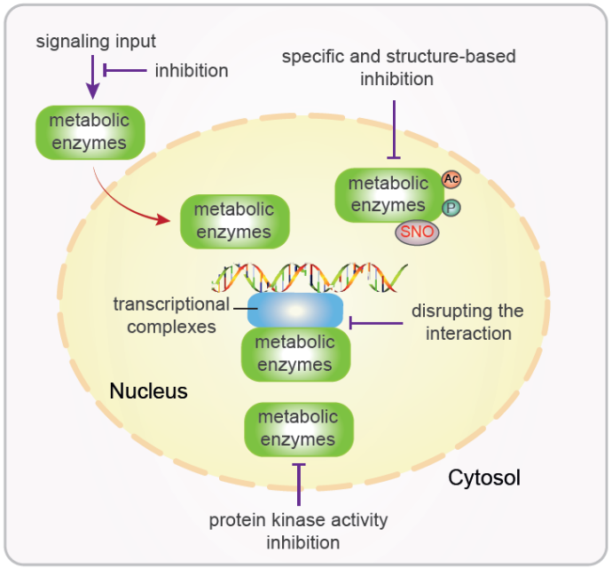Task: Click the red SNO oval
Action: (417, 233)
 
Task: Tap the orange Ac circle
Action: (451, 179)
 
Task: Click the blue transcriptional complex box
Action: (295, 312)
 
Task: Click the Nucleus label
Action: (148, 390)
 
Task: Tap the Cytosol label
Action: (483, 478)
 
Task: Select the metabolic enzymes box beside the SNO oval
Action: (388, 194)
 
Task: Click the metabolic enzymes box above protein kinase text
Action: (298, 428)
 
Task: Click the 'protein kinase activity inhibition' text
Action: (298, 531)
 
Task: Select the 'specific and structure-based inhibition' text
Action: (398, 67)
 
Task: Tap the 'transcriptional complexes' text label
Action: (171, 315)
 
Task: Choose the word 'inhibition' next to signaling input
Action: (192, 69)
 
